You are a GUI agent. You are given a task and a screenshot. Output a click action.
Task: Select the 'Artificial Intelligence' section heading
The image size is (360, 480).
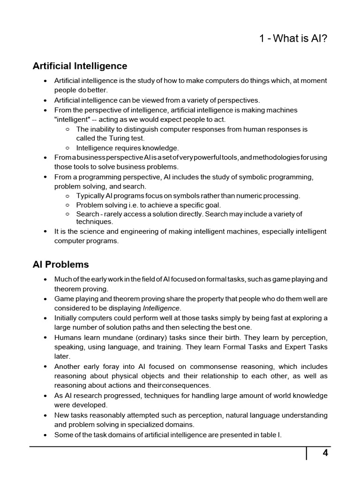(80, 66)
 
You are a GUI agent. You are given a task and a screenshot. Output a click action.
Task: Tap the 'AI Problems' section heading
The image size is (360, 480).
(60, 264)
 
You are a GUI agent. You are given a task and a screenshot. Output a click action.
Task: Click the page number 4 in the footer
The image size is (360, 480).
(324, 453)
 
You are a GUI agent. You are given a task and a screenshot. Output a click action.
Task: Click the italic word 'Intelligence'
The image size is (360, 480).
(161, 308)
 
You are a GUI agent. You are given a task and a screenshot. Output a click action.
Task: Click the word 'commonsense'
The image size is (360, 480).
(217, 367)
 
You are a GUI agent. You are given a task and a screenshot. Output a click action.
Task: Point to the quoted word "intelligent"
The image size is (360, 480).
(71, 119)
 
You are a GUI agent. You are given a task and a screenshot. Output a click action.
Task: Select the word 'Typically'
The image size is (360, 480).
(91, 195)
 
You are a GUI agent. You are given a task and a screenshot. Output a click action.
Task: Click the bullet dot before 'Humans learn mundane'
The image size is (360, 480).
(45, 338)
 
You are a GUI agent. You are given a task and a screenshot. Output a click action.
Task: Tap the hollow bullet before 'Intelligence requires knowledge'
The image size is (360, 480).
(67, 148)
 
